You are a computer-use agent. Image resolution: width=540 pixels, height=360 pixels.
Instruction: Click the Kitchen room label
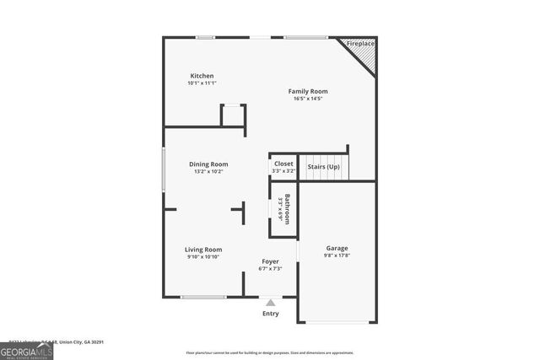202,76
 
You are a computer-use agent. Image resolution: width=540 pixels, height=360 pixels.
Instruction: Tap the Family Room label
308,91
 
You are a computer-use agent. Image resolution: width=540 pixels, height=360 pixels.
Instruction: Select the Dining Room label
208,164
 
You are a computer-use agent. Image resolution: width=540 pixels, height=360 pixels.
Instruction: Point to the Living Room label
203,250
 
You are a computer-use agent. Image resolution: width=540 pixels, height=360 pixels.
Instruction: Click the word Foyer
270,261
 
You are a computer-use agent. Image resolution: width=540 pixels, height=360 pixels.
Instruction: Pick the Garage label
337,249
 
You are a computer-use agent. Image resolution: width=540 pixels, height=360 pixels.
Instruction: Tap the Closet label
283,164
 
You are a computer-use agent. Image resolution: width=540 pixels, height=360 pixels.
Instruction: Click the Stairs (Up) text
323,166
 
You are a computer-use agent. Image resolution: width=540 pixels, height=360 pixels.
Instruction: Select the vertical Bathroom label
288,209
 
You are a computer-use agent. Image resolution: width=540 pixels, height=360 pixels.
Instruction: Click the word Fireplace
360,43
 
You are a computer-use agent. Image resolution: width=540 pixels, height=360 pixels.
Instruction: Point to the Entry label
270,314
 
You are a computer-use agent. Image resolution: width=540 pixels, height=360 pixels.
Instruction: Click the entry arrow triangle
270,302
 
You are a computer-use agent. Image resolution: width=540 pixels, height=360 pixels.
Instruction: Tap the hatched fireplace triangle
364,57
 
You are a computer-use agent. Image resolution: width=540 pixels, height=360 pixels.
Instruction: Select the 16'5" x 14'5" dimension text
308,99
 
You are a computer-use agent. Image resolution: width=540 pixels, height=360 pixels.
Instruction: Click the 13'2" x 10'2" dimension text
208,172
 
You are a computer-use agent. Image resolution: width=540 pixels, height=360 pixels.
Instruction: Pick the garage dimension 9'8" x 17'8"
337,256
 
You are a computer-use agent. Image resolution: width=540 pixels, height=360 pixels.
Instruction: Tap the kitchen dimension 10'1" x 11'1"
202,83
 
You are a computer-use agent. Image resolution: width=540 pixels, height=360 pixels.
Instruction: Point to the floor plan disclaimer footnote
281,352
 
